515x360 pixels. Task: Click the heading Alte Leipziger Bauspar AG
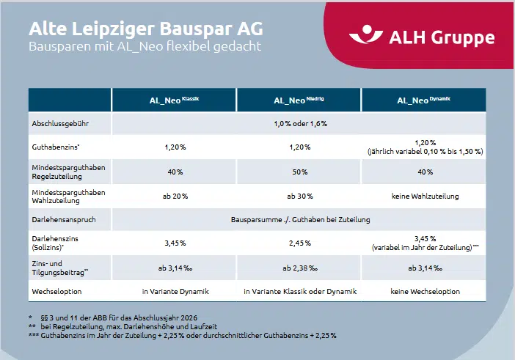tap(145, 29)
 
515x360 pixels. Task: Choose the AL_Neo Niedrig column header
tap(299, 100)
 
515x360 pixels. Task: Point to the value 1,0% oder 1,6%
tap(299, 123)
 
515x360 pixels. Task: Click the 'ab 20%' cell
tap(175, 196)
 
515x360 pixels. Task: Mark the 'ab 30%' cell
tap(299, 196)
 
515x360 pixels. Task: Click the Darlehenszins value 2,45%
tap(299, 243)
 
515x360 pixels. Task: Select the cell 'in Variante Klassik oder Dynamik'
tap(299, 291)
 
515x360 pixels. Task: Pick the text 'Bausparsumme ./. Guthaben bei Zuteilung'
tap(299, 219)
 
